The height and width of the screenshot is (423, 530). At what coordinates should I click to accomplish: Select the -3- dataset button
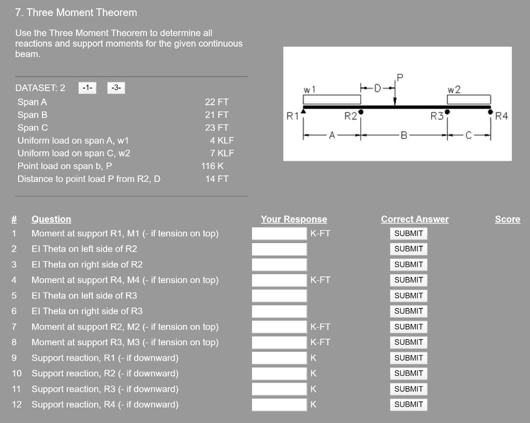(116, 88)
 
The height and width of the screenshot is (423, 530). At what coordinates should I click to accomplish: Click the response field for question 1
(279, 234)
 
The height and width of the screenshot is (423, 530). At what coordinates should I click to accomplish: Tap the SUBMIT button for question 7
(408, 327)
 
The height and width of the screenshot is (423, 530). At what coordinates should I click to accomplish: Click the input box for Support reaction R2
(279, 374)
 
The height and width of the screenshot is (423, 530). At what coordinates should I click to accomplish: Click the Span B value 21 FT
(216, 115)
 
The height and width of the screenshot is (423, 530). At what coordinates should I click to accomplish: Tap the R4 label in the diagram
(502, 116)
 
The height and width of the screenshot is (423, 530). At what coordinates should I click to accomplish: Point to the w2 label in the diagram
(454, 90)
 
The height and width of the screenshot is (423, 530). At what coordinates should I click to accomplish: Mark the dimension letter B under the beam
(405, 136)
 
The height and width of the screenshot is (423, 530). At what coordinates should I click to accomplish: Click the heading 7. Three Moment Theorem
(76, 12)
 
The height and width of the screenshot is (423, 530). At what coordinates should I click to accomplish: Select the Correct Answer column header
(415, 219)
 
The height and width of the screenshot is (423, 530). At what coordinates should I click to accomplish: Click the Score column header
(507, 219)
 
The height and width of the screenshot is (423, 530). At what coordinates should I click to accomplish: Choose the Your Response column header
(293, 219)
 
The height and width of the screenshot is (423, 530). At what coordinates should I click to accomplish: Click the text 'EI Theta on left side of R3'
(84, 295)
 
